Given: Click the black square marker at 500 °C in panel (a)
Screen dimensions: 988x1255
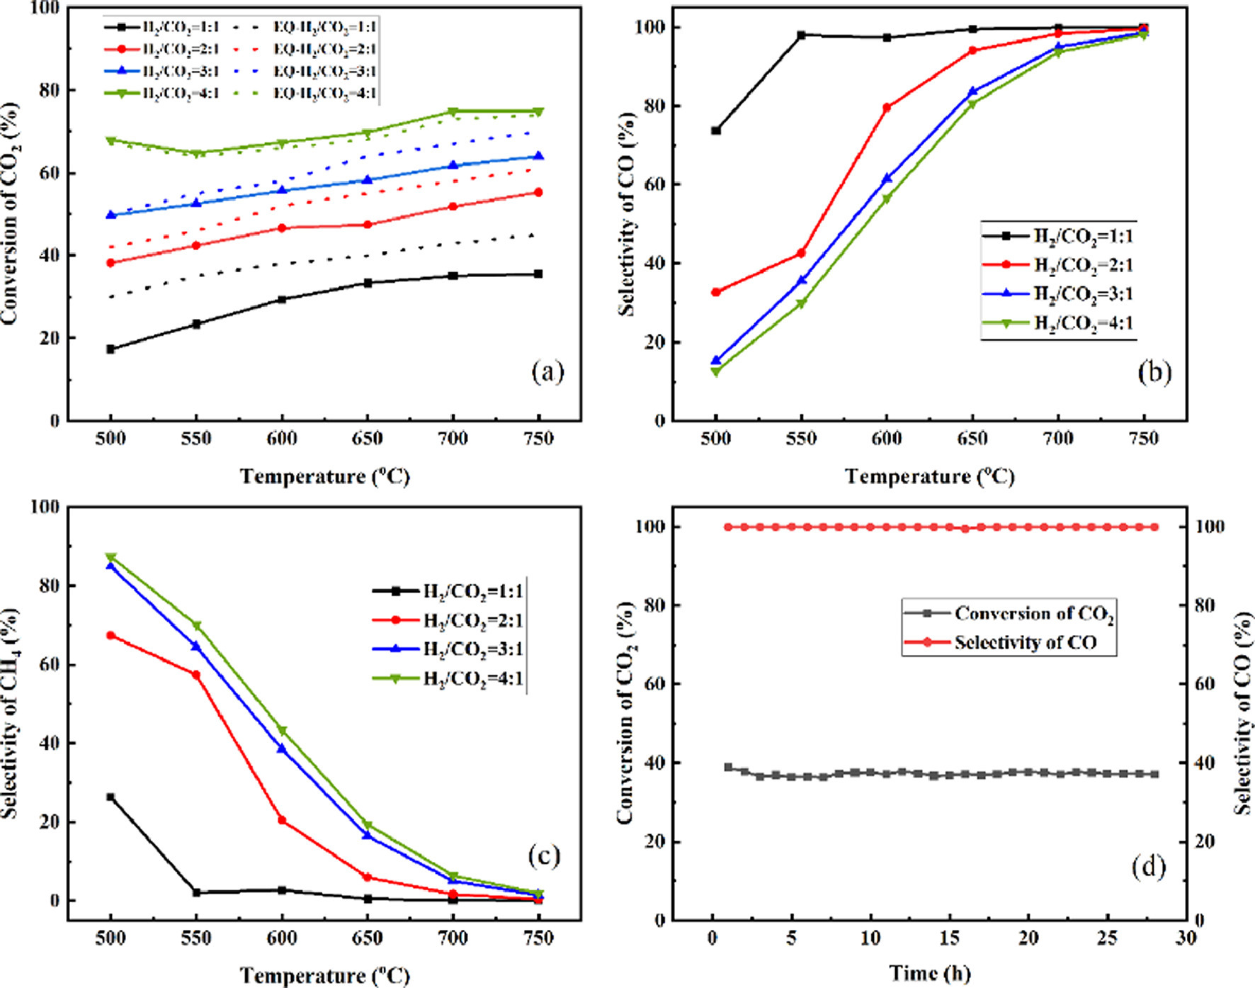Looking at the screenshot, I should pos(110,349).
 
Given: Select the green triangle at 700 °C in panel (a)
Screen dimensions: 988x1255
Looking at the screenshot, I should pos(453,112).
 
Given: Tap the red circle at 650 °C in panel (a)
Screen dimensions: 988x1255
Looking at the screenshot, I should pos(368,225).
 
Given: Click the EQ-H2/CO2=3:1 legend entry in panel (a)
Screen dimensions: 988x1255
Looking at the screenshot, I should pos(324,71).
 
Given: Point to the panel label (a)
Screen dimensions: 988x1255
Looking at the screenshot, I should pos(547,371).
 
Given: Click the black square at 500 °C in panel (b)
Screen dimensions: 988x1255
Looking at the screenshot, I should pos(716,130).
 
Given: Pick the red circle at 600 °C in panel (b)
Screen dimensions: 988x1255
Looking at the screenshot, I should pos(887,108).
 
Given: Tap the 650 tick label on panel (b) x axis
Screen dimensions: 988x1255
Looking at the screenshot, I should pos(972,439).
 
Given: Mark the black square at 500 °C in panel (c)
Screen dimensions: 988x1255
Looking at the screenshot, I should pos(110,797).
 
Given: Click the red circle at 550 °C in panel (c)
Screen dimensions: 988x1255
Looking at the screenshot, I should pos(196,675).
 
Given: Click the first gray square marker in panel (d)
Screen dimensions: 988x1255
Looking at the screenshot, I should pos(728,768).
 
